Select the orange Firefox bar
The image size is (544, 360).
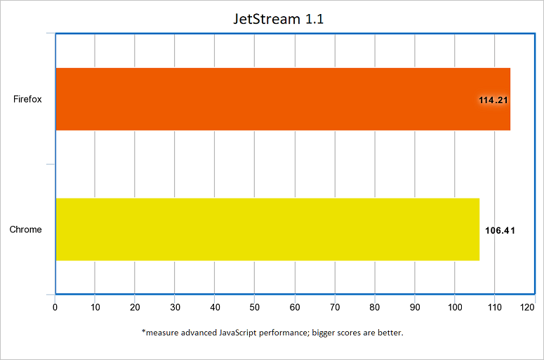tap(281, 99)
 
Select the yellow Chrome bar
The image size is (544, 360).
tap(267, 229)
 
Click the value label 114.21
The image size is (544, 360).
tap(493, 100)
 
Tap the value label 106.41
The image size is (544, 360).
tap(500, 229)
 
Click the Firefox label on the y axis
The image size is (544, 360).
tap(27, 99)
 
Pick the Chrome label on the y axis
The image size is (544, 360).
tap(26, 229)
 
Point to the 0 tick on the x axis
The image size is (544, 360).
tap(55, 307)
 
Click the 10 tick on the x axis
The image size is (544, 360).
tap(95, 307)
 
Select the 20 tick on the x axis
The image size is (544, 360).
tap(135, 307)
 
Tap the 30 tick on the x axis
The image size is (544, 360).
tap(175, 307)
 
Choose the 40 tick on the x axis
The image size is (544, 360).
tap(215, 307)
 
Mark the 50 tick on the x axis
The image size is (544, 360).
tap(255, 307)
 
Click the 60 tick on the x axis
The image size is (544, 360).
tap(295, 307)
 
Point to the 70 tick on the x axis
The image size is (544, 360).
tap(335, 307)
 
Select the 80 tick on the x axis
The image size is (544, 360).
tap(375, 307)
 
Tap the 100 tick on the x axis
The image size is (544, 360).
tap(455, 307)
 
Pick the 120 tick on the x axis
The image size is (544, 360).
tap(535, 307)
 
